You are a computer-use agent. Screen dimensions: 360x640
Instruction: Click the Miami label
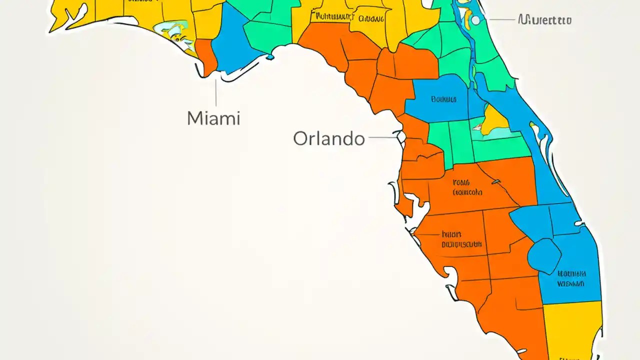tap(213, 118)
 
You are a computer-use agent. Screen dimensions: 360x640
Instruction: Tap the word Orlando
tap(328, 138)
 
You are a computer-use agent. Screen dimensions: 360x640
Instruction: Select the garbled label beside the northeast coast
tap(544, 20)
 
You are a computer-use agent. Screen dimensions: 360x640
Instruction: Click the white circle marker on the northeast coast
tap(475, 20)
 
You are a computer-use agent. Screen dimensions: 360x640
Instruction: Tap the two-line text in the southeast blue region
tap(571, 279)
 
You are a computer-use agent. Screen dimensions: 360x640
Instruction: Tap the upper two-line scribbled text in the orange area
tap(467, 187)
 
